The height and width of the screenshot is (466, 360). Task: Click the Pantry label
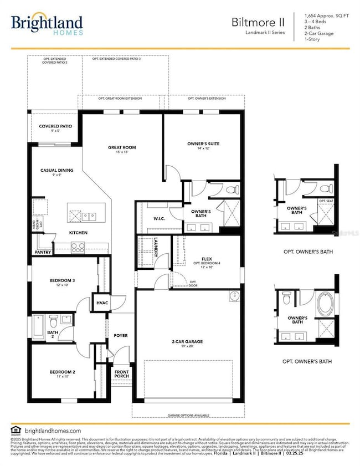coord(42,252)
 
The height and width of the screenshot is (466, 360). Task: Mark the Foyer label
coord(121,335)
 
